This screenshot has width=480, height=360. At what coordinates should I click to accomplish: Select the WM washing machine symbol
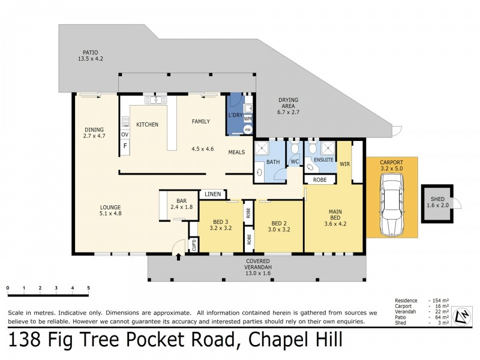click(248, 119)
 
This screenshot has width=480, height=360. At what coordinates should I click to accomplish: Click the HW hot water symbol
click(248, 130)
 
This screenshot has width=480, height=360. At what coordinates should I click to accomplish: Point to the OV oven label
click(125, 134)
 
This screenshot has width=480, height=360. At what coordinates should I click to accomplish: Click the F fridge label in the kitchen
click(125, 145)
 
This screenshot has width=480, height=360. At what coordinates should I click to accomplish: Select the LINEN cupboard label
click(212, 194)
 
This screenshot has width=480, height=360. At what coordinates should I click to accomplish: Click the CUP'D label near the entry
click(194, 245)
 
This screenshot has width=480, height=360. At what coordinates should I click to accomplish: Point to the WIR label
click(344, 163)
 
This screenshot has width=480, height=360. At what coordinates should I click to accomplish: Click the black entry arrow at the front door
click(178, 257)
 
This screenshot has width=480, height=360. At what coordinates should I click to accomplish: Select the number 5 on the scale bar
click(88, 288)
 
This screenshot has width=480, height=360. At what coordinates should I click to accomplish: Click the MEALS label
click(236, 152)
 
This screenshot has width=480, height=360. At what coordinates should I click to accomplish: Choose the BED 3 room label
click(220, 224)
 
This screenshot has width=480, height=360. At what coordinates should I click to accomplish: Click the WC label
click(294, 162)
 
